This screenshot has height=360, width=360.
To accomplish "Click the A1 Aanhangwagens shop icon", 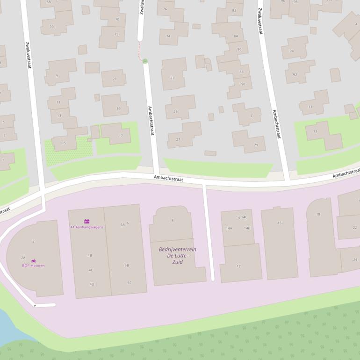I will pos(86,221).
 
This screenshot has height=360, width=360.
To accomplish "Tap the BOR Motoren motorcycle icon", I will pos(33,260).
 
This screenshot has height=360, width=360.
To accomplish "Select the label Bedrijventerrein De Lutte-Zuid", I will pos(177,255).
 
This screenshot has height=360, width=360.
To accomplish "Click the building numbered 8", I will pos(172,220).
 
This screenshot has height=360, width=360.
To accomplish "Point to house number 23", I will pos(172,78).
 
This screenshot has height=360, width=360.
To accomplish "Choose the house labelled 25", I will pos(175,111).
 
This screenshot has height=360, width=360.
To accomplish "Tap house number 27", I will pos(178,139).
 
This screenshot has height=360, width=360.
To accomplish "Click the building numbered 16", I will pos(280,223).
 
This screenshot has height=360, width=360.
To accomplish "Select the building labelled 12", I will pos(238,266).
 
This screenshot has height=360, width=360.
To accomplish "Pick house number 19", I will pos(118,108).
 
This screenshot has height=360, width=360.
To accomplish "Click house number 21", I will pos(115,79).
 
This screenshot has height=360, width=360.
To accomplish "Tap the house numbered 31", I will pos(252,115).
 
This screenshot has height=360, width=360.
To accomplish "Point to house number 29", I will pos(256,145).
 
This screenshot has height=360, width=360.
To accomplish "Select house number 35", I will pos(315,132).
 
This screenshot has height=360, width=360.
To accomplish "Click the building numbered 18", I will pos(318,214).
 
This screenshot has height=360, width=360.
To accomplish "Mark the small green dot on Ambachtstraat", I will pos(145,61).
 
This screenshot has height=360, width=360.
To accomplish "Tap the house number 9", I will pos(57,75).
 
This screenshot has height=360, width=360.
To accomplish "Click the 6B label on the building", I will pos(127,265).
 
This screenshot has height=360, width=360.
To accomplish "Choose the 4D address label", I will pos(92,284).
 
